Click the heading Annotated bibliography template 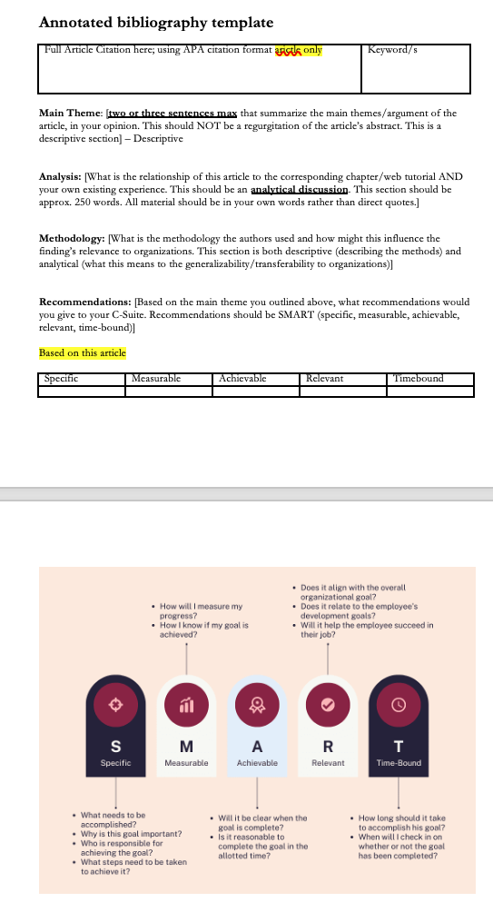(156, 22)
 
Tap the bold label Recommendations (84, 301)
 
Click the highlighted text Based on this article (83, 352)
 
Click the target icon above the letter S (114, 703)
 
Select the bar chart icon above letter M (186, 703)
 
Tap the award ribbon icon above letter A (257, 703)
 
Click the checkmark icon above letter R (328, 703)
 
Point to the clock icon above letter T (399, 703)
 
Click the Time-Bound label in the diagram (399, 763)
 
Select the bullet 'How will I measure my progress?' (201, 610)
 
